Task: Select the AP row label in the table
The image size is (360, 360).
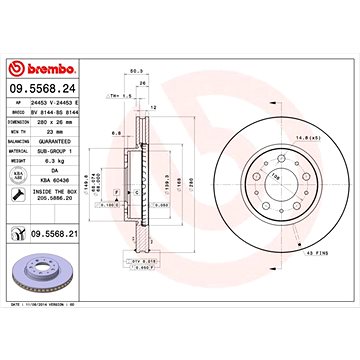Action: coord(17,101)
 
